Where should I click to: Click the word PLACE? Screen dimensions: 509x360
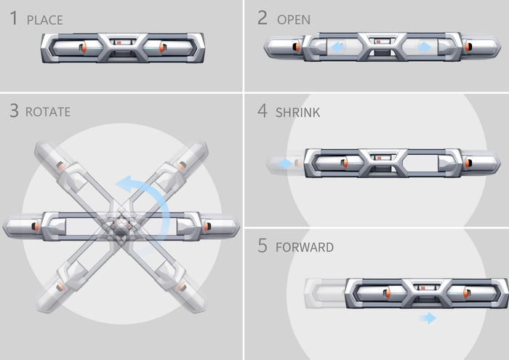point(45,20)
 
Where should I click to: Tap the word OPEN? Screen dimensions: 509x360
point(294,20)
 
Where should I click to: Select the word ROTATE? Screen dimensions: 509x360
point(48,112)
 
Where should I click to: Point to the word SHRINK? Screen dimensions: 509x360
point(297,113)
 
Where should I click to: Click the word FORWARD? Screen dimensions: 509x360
point(305,247)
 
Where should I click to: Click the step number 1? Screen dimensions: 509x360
point(14,18)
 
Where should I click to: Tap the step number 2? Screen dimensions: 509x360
point(262,17)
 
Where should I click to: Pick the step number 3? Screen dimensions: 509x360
point(14,111)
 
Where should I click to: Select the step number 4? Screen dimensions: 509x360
point(262,111)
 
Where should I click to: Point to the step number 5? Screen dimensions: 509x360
point(262,245)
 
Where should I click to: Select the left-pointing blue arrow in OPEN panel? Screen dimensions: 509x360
point(337,47)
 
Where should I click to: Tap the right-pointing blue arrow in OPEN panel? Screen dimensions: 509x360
point(425,47)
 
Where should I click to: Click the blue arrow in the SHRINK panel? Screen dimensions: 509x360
point(285,164)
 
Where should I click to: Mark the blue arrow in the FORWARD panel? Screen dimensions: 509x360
point(428,318)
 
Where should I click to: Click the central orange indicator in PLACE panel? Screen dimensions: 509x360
point(119,42)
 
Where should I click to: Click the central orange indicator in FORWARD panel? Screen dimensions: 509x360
point(423,288)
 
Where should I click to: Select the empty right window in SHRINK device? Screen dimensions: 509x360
point(421,163)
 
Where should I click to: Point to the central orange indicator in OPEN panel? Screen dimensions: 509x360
point(379,41)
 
